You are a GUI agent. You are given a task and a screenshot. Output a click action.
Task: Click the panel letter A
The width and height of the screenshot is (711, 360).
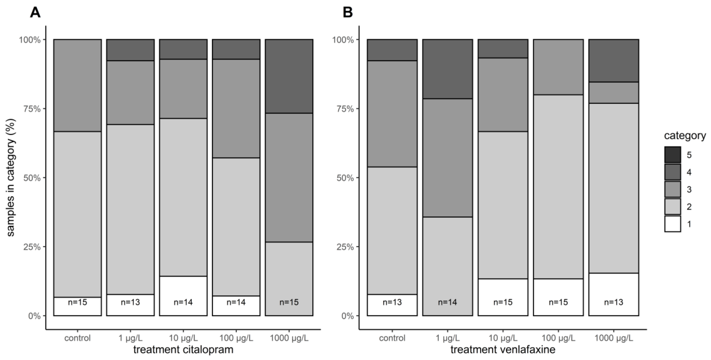coord(35,13)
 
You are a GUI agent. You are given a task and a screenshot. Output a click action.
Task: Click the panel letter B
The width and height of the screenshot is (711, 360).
coord(348,13)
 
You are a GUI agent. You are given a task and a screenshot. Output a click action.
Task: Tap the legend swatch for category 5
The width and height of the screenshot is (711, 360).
coord(673,155)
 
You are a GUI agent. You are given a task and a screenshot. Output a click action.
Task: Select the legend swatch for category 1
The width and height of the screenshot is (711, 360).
coord(673,224)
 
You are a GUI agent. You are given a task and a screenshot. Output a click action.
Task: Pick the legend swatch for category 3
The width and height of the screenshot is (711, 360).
coord(673,189)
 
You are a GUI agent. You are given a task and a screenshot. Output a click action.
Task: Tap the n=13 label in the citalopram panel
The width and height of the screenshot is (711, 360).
coord(130,302)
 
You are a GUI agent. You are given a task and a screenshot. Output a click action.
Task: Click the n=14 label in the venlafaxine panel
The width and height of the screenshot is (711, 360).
coord(447,302)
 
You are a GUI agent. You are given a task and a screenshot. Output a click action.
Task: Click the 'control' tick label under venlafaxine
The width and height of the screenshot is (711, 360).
coord(392,338)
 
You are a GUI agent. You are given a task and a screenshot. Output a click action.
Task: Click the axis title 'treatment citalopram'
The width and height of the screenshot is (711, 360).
coord(183,350)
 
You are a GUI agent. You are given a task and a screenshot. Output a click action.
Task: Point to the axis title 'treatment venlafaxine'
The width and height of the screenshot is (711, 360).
coord(503,350)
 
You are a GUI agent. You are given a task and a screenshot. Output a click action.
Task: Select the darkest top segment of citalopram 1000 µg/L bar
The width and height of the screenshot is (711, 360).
coord(289,76)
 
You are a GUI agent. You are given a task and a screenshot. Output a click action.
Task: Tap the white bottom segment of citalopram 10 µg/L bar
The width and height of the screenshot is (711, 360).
coord(183,296)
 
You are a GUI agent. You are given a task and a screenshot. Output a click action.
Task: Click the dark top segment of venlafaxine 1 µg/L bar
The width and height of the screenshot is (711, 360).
coord(447,69)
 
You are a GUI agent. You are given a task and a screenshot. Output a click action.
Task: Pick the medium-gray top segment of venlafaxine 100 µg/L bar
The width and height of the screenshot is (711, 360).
coord(558,67)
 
